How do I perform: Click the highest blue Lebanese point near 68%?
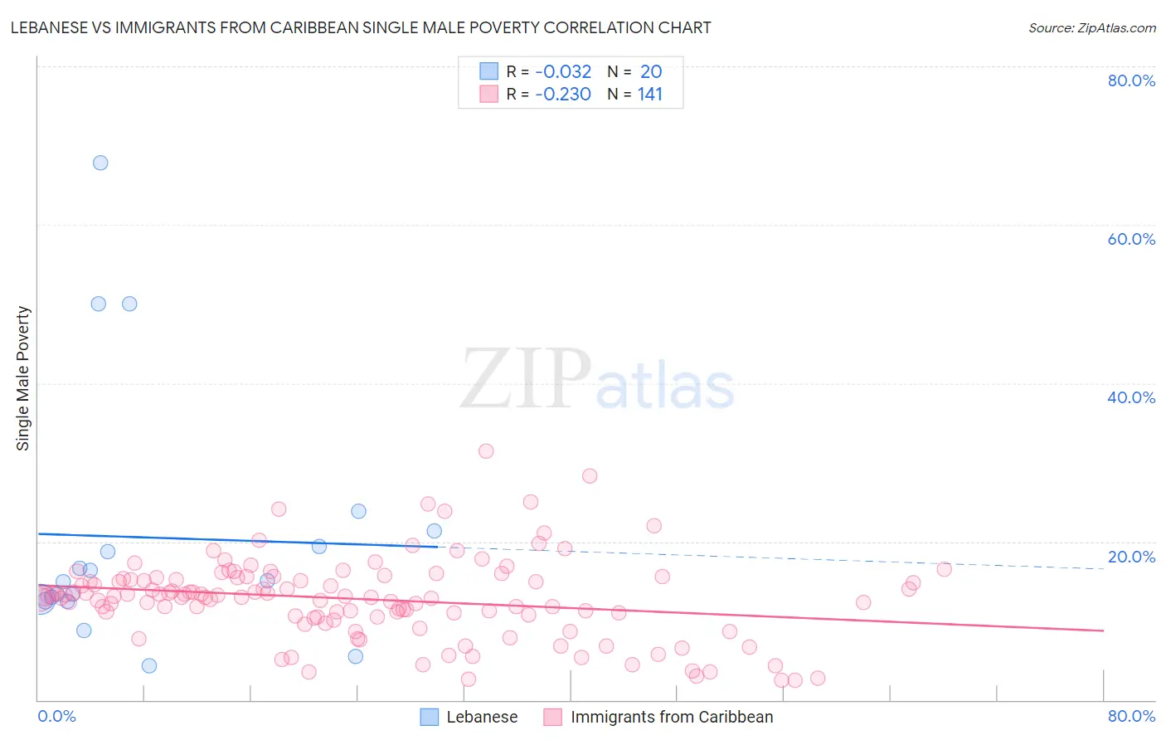tap(100, 163)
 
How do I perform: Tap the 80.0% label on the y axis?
tap(1131, 80)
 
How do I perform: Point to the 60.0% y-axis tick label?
tap(1131, 239)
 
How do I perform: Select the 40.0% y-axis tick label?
tap(1131, 397)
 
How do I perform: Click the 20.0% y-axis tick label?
tap(1131, 557)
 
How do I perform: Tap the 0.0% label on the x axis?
tap(56, 716)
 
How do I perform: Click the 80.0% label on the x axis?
tap(1131, 716)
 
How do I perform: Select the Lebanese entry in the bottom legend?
tap(481, 717)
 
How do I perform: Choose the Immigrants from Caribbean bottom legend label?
tap(671, 717)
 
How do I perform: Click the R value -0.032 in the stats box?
tap(563, 72)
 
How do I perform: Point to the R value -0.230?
tap(563, 95)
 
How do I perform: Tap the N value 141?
tap(650, 95)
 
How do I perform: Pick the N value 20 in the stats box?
tap(651, 72)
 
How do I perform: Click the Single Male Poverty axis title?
tap(23, 378)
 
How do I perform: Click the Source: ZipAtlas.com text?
tap(1091, 27)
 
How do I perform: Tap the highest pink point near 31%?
tap(486, 451)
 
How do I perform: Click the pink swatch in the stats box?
tap(489, 95)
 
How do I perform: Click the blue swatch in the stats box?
tap(489, 71)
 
